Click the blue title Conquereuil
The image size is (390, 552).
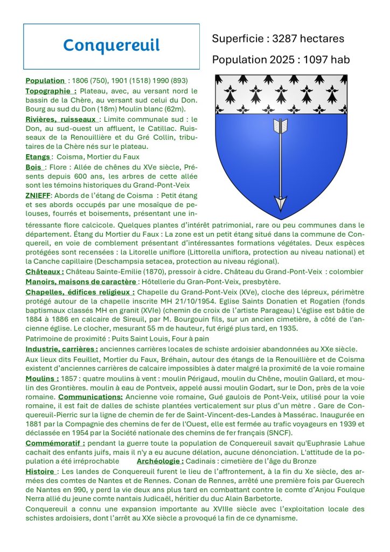click(111, 45)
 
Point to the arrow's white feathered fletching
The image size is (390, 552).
click(281, 126)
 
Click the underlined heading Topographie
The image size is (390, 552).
click(51, 91)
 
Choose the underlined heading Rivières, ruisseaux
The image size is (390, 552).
click(61, 119)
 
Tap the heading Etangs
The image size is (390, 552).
click(38, 157)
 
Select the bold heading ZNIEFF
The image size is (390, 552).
click(38, 195)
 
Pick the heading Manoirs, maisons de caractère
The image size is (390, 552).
click(81, 281)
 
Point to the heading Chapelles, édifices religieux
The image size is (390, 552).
click(80, 292)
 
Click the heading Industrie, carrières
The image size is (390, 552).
click(61, 349)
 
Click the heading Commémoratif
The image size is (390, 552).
click(55, 443)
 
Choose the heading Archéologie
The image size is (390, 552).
click(160, 461)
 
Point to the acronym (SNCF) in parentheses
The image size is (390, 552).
click(279, 433)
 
